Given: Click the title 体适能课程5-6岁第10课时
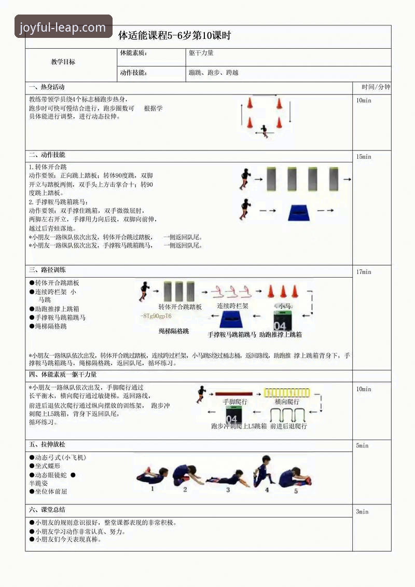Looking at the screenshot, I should tap(174, 36).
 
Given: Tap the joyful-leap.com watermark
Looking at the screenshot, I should tap(63, 28).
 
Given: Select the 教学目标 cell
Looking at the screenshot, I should tap(63, 62).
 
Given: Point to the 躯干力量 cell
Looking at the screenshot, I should tap(201, 53).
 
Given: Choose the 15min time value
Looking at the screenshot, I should tap(364, 157).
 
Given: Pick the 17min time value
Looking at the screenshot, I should tap(364, 272).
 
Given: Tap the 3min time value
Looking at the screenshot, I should tap(362, 512).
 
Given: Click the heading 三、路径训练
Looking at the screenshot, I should tap(47, 270).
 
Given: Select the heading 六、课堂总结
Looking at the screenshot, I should tap(47, 510).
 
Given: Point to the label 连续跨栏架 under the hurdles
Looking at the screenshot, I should tap(232, 306).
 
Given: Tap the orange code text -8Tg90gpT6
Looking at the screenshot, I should tap(156, 316).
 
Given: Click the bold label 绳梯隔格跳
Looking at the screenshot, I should tap(174, 331).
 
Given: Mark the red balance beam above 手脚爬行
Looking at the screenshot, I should tap(233, 394).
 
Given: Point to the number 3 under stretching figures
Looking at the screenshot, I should tap(228, 489).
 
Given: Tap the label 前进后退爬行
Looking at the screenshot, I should tap(288, 426).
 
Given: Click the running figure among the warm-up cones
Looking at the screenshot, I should tap(265, 130).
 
